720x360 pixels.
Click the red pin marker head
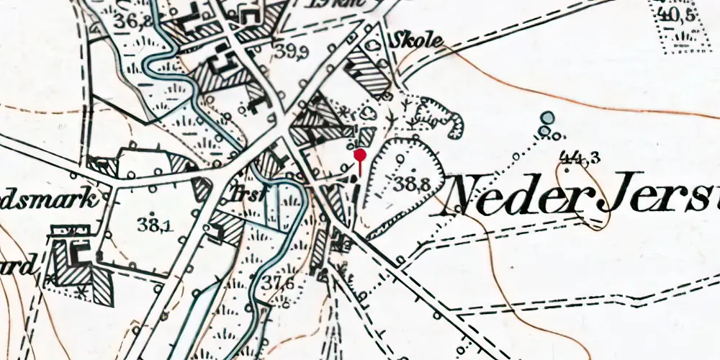click(361, 154)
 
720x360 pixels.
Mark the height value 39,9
click(291, 51)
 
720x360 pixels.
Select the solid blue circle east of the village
click(548, 117)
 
